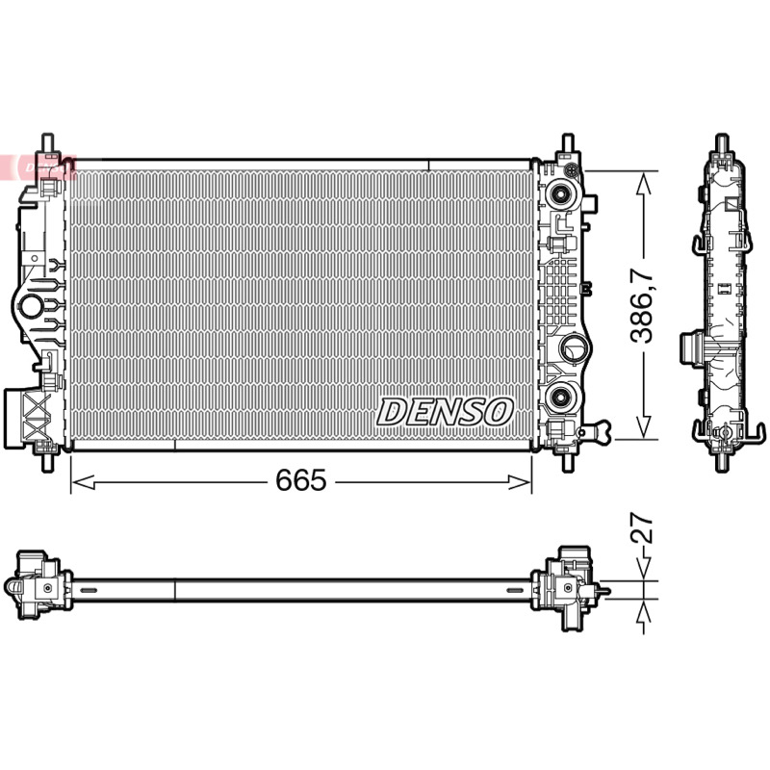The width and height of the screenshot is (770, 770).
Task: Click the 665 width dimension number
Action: pyautogui.click(x=300, y=479)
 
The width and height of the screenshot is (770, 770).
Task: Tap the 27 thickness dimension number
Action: pyautogui.click(x=642, y=527)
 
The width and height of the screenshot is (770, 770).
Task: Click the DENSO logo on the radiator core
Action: pyautogui.click(x=445, y=412)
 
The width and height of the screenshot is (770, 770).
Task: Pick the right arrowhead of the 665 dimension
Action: pyautogui.click(x=520, y=482)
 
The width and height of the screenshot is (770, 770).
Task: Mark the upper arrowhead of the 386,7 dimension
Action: pyautogui.click(x=643, y=183)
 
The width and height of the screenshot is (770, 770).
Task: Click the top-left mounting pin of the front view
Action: pyautogui.click(x=47, y=143)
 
